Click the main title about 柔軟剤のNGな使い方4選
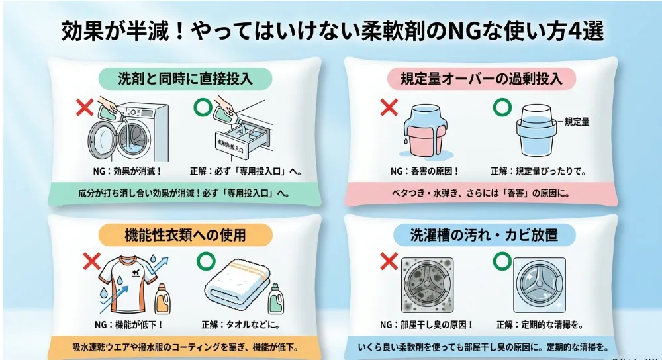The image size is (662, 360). [332, 31]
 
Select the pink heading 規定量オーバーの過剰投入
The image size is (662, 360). [481, 79]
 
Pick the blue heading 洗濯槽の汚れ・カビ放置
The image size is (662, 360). [485, 235]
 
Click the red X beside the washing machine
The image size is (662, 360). [85, 107]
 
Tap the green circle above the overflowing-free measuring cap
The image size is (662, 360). [502, 107]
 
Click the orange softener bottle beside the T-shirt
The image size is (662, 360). [163, 299]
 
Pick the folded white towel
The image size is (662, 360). [236, 283]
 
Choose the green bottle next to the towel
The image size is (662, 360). [275, 299]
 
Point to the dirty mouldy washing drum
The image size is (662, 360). [427, 285]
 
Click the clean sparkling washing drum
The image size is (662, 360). [539, 285]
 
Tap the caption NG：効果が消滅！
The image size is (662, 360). [127, 171]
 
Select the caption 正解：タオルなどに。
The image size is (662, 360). [241, 324]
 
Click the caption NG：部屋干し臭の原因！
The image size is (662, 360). [426, 324]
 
